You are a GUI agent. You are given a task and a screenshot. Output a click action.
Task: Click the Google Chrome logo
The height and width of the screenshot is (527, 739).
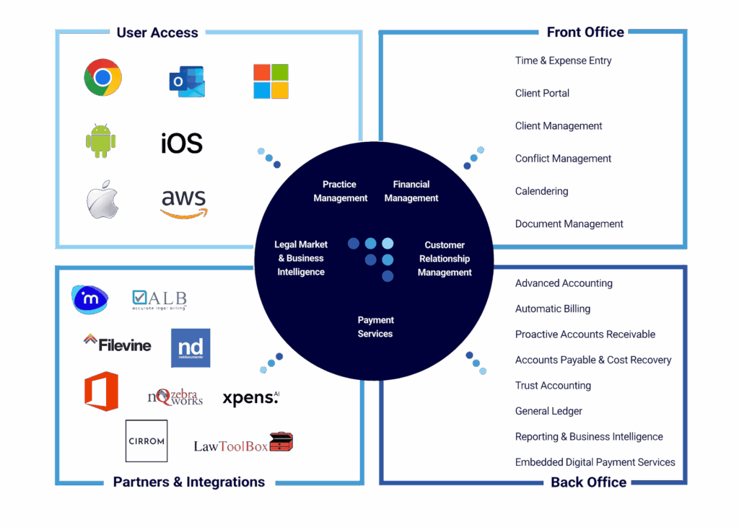click(x=102, y=77)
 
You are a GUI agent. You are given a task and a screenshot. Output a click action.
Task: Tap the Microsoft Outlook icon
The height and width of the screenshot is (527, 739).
click(x=187, y=81)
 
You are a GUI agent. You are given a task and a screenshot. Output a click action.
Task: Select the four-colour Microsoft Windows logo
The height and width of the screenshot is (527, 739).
click(x=271, y=81)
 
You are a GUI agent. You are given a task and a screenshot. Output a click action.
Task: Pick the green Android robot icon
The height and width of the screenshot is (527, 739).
click(x=101, y=141)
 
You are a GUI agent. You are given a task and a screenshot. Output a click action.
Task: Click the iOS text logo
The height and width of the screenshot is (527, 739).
click(x=182, y=143)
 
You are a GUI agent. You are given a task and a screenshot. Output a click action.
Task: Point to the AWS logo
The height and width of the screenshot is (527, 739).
click(x=183, y=203)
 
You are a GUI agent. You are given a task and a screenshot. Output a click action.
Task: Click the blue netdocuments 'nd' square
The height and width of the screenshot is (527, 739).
click(x=191, y=347)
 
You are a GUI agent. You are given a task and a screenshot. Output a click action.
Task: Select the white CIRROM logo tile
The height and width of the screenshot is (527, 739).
click(x=147, y=440)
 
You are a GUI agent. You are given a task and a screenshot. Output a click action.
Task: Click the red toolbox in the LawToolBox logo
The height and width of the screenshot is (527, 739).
click(x=281, y=441)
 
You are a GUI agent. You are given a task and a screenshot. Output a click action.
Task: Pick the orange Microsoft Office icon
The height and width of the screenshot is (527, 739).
click(x=101, y=391)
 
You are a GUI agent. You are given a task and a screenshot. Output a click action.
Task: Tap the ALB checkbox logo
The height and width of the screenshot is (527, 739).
click(x=159, y=299)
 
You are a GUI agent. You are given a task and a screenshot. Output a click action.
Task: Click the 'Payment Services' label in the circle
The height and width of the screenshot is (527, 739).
click(x=375, y=327)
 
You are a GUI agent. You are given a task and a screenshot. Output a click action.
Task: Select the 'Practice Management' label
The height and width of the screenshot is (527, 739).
click(x=341, y=191)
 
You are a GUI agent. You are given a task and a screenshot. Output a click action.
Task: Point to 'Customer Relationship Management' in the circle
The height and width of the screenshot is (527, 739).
click(x=445, y=259)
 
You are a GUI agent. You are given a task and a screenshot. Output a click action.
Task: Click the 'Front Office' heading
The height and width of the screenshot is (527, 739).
click(x=585, y=32)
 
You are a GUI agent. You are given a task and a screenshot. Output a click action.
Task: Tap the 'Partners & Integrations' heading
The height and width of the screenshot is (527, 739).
click(x=189, y=482)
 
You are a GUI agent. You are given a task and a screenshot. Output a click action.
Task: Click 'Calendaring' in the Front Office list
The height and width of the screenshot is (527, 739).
click(x=542, y=191)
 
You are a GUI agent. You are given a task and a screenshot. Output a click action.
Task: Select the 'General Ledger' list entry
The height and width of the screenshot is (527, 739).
click(x=549, y=411)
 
